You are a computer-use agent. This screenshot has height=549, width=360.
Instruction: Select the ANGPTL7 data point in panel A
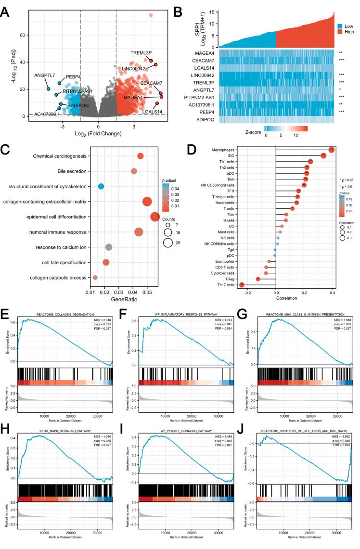48,89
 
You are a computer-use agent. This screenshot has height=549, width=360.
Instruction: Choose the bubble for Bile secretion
134,171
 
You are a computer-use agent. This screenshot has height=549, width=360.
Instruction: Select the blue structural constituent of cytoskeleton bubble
101,186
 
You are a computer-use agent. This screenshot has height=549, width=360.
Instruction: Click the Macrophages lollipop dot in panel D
331,150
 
